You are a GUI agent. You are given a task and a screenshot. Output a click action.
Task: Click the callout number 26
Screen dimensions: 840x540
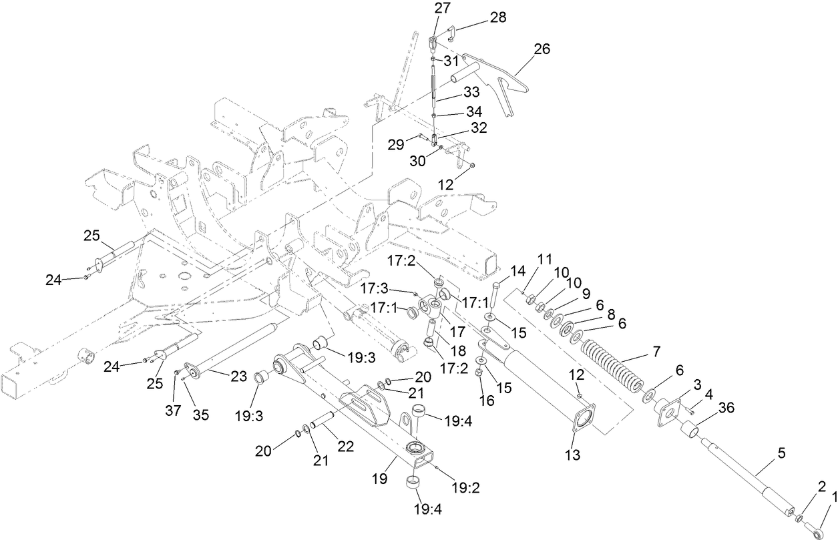tap(543, 48)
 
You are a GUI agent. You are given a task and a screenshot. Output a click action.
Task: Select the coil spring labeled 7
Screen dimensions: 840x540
tap(612, 364)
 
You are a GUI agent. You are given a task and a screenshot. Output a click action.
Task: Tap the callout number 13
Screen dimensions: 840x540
tap(574, 456)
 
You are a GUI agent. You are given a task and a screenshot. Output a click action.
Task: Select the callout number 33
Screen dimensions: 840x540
tap(472, 91)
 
